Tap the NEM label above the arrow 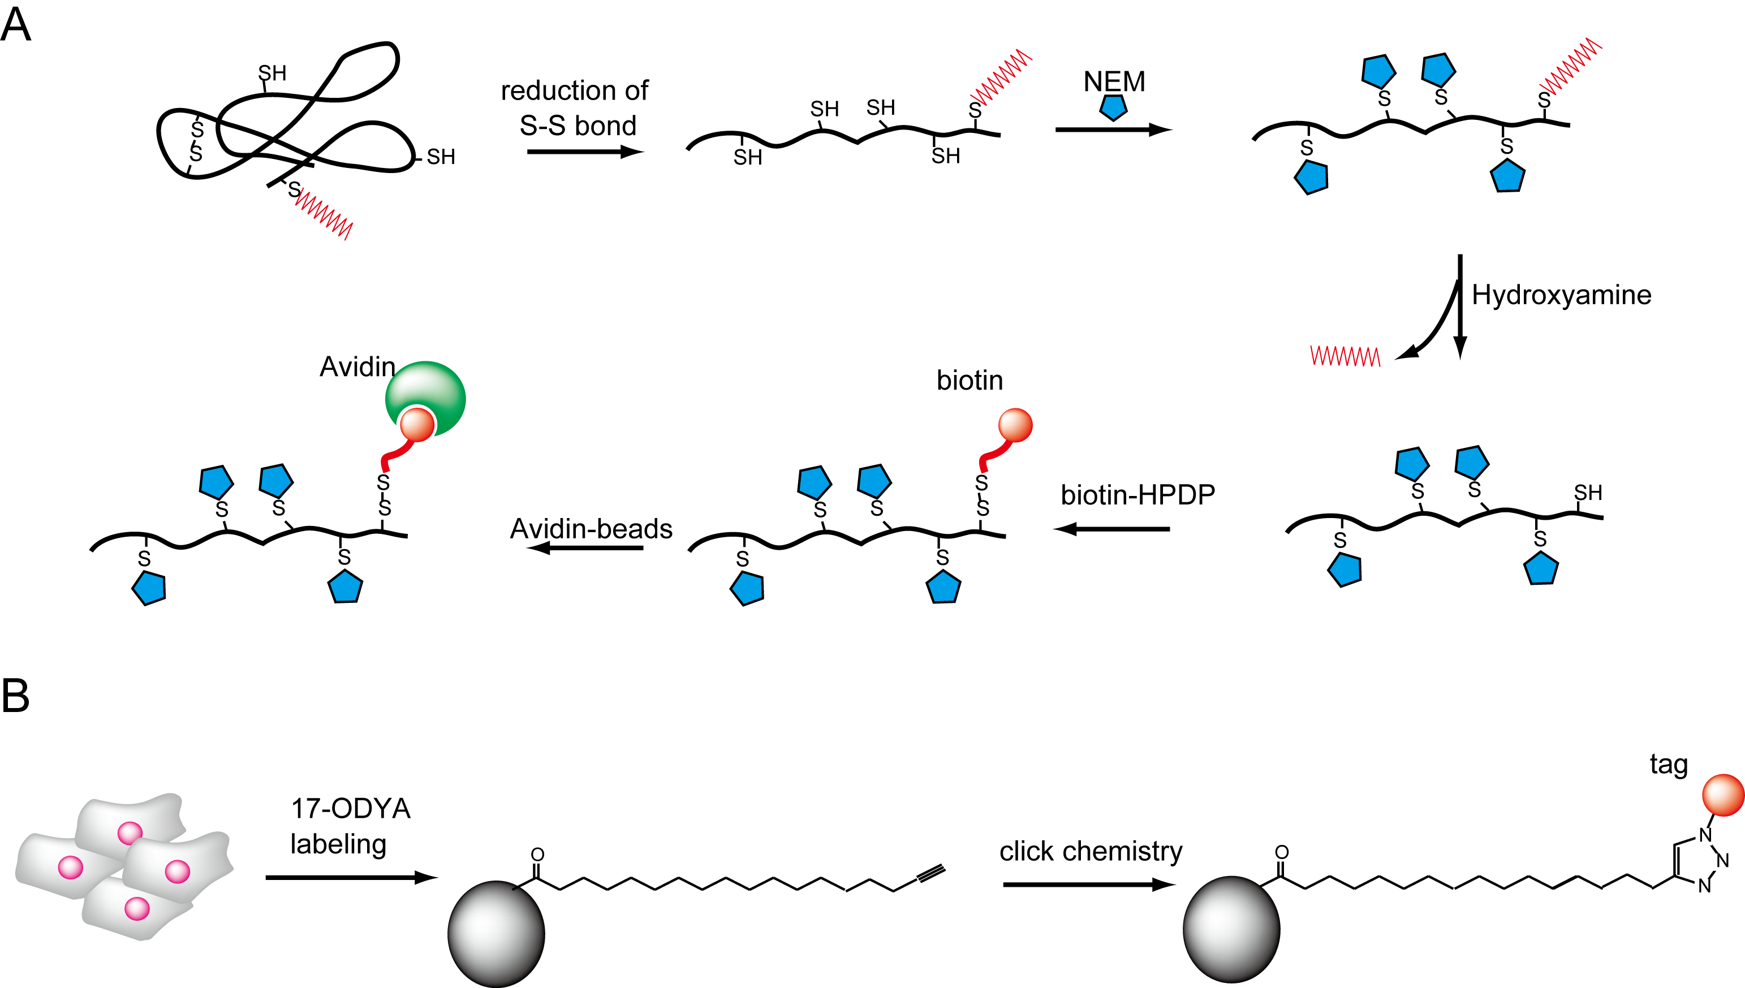click(1113, 82)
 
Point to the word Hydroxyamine click(1561, 295)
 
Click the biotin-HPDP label click(1137, 495)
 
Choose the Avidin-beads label click(591, 529)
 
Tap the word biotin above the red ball click(969, 381)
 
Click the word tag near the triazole click(1668, 765)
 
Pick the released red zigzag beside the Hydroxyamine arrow click(1345, 356)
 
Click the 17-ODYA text click(351, 809)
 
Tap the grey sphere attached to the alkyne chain click(496, 934)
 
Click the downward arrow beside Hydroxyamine click(1460, 305)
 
